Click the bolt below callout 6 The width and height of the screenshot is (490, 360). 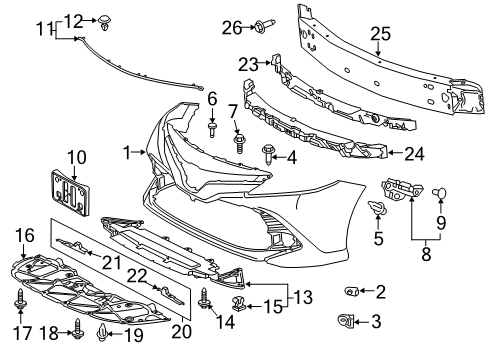click(x=212, y=129)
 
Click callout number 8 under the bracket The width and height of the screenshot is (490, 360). click(x=425, y=255)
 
